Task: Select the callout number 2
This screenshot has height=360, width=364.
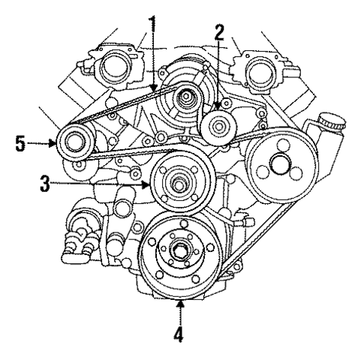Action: [x=219, y=34]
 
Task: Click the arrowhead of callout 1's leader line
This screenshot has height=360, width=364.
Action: [x=154, y=91]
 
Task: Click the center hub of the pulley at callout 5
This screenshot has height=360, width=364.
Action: [x=74, y=141]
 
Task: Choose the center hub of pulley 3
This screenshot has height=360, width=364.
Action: [x=180, y=181]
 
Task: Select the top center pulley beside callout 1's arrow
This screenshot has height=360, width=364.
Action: [x=185, y=96]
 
